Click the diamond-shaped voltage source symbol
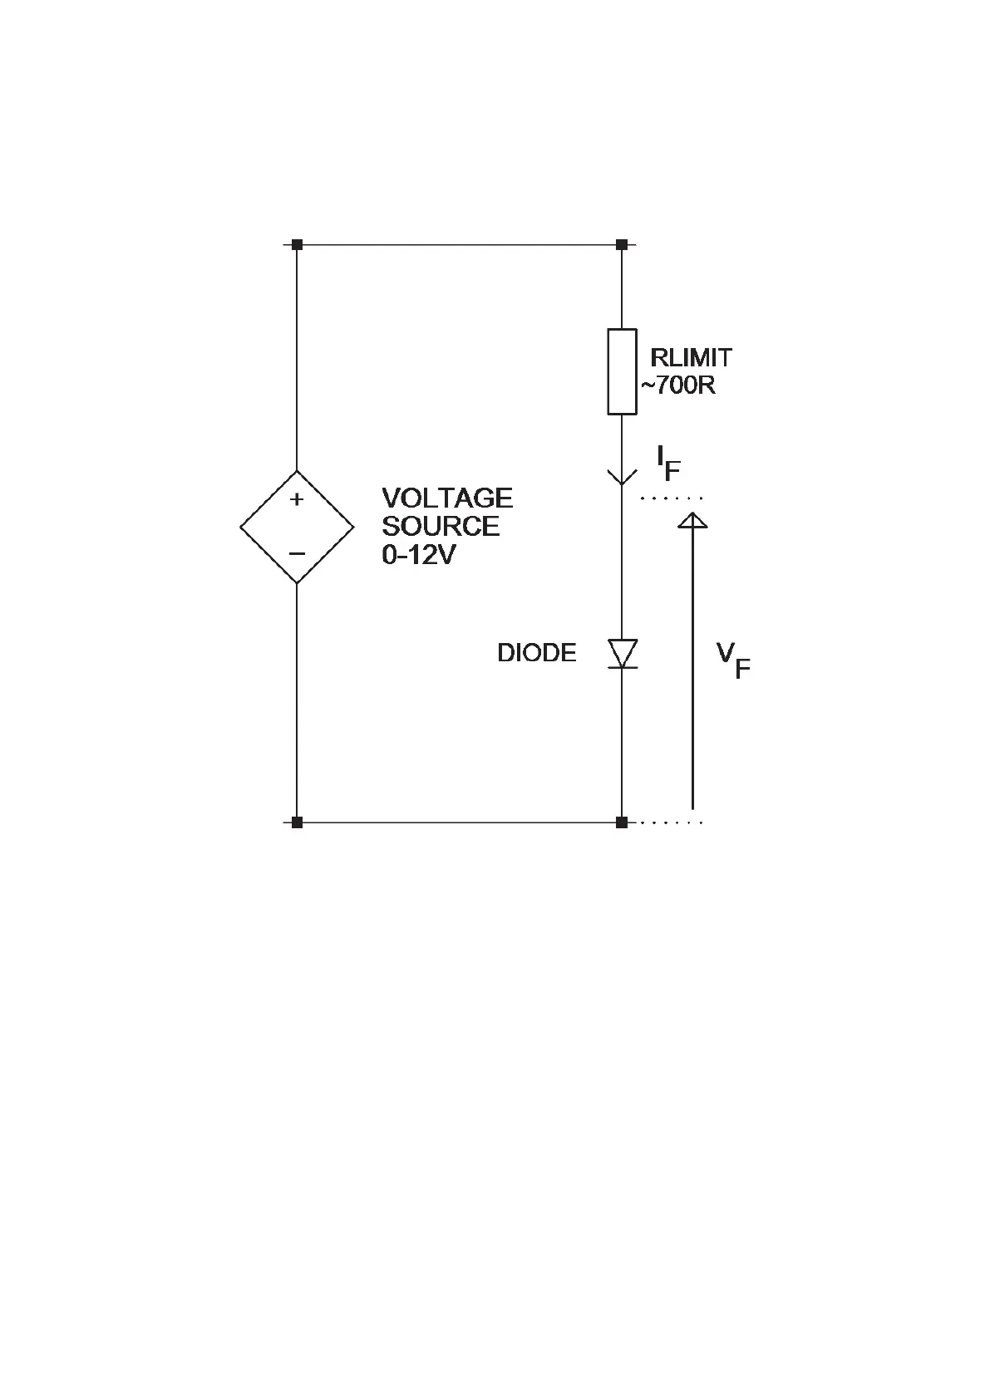[x=297, y=527]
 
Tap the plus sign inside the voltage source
[x=297, y=499]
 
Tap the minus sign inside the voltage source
[x=297, y=553]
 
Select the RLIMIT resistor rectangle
[x=622, y=371]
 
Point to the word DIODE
[x=536, y=653]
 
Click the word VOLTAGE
[x=447, y=498]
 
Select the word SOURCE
[x=441, y=527]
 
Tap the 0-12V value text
[x=419, y=555]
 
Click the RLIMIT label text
[x=691, y=358]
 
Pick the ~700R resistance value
[x=677, y=386]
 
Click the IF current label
[x=668, y=463]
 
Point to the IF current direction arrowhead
[x=622, y=477]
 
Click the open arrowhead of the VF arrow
[x=692, y=520]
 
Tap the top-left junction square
[x=297, y=245]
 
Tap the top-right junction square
[x=622, y=245]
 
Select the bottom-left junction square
[x=297, y=822]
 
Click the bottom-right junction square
[x=622, y=822]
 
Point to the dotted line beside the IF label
[x=672, y=498]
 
